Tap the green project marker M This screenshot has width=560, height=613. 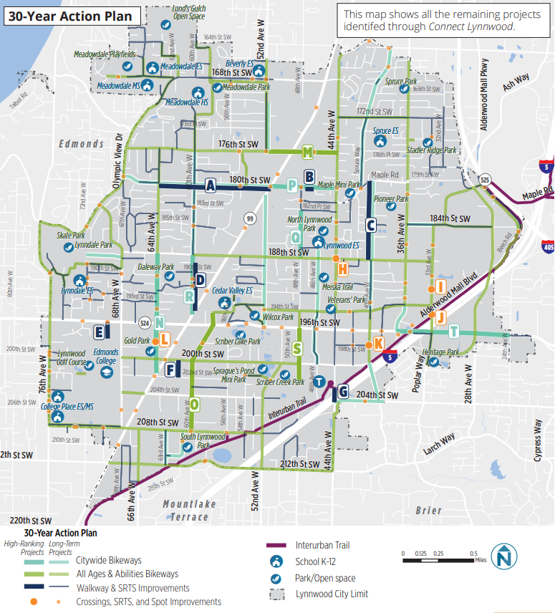308,152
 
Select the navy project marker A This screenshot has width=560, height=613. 211,185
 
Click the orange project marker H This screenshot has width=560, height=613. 343,269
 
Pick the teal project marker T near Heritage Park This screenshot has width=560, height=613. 453,331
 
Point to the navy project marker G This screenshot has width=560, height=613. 343,392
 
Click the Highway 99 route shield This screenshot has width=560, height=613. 249,218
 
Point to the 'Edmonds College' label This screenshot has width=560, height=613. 106,356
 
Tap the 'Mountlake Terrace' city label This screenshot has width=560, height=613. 189,509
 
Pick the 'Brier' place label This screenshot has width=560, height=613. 429,511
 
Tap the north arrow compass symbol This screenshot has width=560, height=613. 506,556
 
